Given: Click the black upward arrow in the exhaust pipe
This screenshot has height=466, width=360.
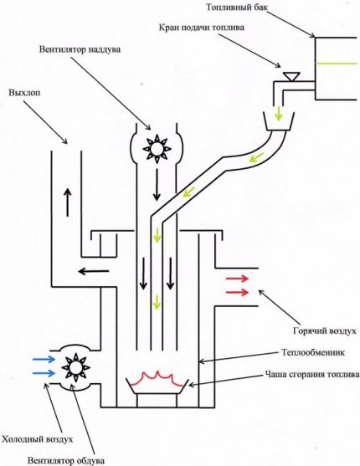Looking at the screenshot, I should [64, 197].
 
